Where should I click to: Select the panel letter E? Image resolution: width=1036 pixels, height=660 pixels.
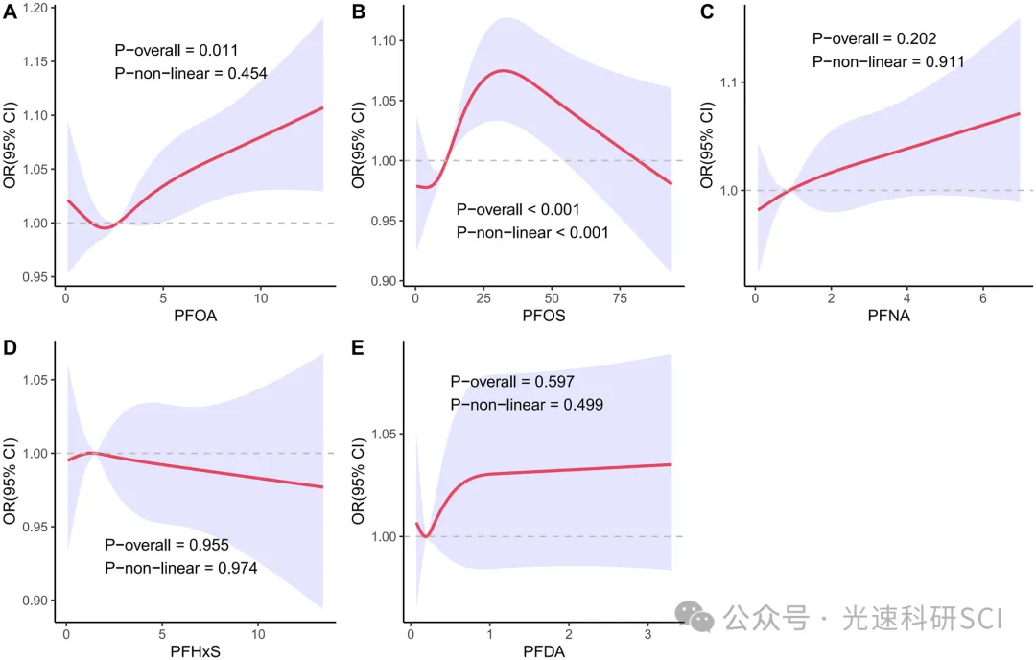coord(359,342)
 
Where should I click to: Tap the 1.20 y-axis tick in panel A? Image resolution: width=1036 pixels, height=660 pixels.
coord(35,9)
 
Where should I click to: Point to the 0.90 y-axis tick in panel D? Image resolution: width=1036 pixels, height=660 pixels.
coord(35,601)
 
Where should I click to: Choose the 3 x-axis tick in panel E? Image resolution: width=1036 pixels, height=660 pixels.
coord(647,634)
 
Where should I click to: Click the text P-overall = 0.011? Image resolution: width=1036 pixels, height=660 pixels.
coord(176,50)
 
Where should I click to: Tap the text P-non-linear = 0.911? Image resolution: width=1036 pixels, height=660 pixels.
coord(888,61)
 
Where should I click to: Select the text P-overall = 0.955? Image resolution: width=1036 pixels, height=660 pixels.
coord(167,545)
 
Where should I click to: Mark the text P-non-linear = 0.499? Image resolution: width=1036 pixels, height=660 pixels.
coord(527,405)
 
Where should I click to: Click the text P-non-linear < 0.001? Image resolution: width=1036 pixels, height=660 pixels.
coord(532,232)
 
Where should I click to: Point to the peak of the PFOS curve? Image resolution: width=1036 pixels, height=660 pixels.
coord(502,70)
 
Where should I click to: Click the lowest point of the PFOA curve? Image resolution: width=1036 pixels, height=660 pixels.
coord(108,226)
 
